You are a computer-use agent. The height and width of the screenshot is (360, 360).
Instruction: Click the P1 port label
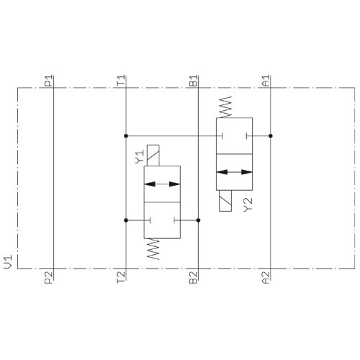[x=48, y=81]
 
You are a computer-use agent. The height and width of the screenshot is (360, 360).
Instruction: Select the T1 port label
[x=121, y=81]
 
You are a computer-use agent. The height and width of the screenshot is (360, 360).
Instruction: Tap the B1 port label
[x=193, y=81]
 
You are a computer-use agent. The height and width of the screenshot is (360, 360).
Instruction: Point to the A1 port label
[x=266, y=81]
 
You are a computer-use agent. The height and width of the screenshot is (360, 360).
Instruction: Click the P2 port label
[x=48, y=278]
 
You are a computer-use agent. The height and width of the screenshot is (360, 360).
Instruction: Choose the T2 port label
[x=121, y=277]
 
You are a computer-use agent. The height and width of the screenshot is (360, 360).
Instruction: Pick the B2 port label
[x=193, y=278]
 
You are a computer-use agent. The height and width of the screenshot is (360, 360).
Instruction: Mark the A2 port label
[x=266, y=278]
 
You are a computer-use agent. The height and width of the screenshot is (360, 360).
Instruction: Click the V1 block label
[x=8, y=262]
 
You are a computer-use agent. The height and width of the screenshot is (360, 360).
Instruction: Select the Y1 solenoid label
[x=139, y=157]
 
